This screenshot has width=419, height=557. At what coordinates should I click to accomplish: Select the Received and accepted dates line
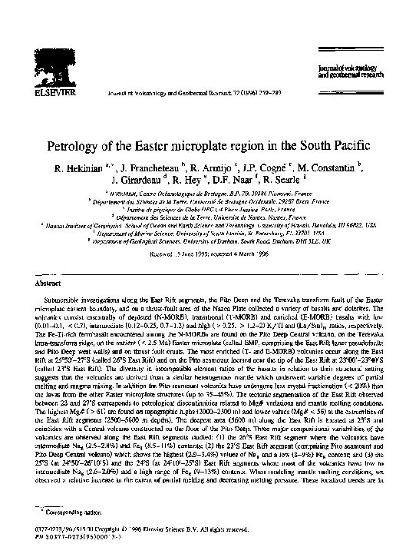[209, 252]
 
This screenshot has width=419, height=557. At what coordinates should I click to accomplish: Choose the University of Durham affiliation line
[209, 240]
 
